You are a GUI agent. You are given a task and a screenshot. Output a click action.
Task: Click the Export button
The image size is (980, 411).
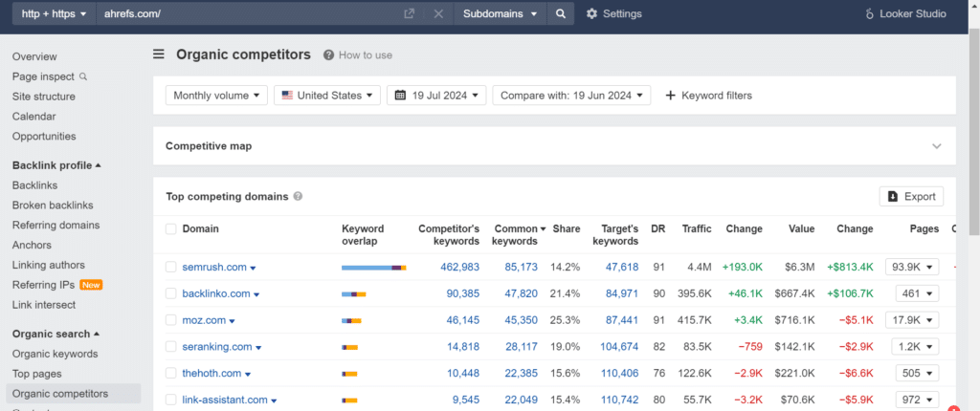pyautogui.click(x=911, y=196)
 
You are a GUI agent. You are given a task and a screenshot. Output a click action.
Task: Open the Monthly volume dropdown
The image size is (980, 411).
pyautogui.click(x=216, y=96)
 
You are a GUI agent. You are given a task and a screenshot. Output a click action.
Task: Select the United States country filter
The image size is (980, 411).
pyautogui.click(x=327, y=96)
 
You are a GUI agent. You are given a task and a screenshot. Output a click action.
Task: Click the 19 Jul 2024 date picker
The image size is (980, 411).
pyautogui.click(x=436, y=96)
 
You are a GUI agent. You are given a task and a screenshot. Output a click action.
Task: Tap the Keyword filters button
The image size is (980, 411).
pyautogui.click(x=709, y=96)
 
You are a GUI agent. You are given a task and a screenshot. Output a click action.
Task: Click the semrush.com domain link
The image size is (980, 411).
pyautogui.click(x=214, y=267)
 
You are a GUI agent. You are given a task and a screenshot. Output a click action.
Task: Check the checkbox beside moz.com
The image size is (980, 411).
pyautogui.click(x=171, y=320)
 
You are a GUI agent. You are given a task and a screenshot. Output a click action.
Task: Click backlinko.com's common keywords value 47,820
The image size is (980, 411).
pyautogui.click(x=522, y=293)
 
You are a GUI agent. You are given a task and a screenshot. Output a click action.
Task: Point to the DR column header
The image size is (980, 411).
pyautogui.click(x=658, y=228)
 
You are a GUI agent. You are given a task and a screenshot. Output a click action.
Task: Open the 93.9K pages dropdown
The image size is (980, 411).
pyautogui.click(x=912, y=267)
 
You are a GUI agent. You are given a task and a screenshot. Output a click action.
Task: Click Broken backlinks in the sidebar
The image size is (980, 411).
pyautogui.click(x=53, y=205)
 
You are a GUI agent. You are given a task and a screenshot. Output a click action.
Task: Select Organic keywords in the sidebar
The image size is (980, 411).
pyautogui.click(x=55, y=354)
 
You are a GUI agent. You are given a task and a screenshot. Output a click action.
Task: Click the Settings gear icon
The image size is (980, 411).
pyautogui.click(x=591, y=13)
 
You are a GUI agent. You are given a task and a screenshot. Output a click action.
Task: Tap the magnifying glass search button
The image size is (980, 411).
pyautogui.click(x=561, y=13)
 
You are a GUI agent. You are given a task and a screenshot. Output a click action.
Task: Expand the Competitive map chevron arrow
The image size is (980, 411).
pyautogui.click(x=936, y=146)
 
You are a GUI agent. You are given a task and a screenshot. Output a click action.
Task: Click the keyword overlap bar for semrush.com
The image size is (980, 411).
pyautogui.click(x=374, y=268)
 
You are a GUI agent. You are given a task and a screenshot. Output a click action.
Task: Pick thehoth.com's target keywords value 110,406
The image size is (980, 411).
pyautogui.click(x=620, y=374)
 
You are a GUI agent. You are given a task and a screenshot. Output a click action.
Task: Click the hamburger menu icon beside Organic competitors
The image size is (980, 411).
pyautogui.click(x=159, y=54)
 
